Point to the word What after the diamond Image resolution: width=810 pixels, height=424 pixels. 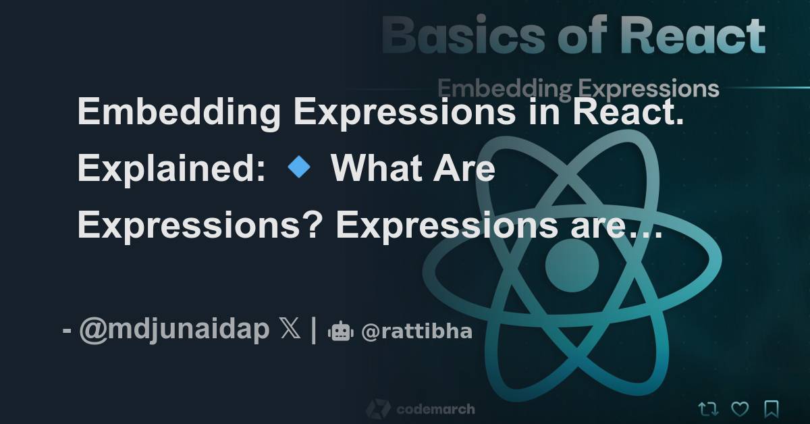367,169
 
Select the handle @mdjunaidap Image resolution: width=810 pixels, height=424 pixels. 174,332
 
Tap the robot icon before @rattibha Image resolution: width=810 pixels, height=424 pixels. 340,332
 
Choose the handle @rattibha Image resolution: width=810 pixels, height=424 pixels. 416,332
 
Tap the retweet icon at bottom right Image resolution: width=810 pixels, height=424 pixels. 707,408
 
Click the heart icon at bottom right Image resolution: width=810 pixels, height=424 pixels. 740,408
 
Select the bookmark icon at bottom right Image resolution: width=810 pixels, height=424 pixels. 772,408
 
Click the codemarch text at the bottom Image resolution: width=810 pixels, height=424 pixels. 435,409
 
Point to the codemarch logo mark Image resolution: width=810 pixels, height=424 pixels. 378,409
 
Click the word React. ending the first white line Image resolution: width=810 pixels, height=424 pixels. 628,111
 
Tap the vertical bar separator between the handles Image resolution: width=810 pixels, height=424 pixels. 314,332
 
